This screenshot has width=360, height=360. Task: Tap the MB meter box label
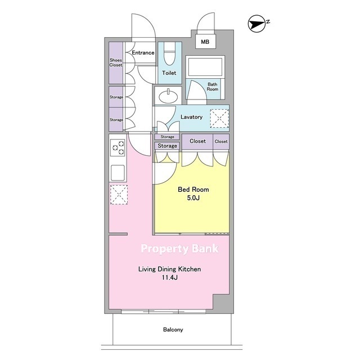click(205, 42)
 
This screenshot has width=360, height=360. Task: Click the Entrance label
click(143, 52)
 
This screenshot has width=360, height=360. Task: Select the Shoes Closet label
click(116, 62)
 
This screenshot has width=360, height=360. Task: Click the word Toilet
click(169, 73)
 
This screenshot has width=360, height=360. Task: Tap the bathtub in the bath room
click(205, 66)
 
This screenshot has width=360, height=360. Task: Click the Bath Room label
click(213, 87)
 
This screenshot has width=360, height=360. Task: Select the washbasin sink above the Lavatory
click(168, 97)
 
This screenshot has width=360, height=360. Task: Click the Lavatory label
click(191, 117)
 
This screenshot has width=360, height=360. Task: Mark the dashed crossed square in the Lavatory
click(219, 119)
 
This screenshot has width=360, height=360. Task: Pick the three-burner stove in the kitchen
click(118, 147)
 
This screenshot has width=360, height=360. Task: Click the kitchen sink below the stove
click(118, 173)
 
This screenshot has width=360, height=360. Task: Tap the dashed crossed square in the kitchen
click(119, 195)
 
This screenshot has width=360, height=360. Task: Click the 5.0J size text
click(193, 197)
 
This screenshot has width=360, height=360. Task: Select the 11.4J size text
click(170, 277)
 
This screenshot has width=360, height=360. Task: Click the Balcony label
click(173, 330)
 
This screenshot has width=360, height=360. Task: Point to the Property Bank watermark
click(180, 249)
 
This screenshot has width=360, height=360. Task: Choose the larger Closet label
click(197, 141)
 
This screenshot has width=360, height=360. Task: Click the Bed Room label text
click(193, 190)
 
